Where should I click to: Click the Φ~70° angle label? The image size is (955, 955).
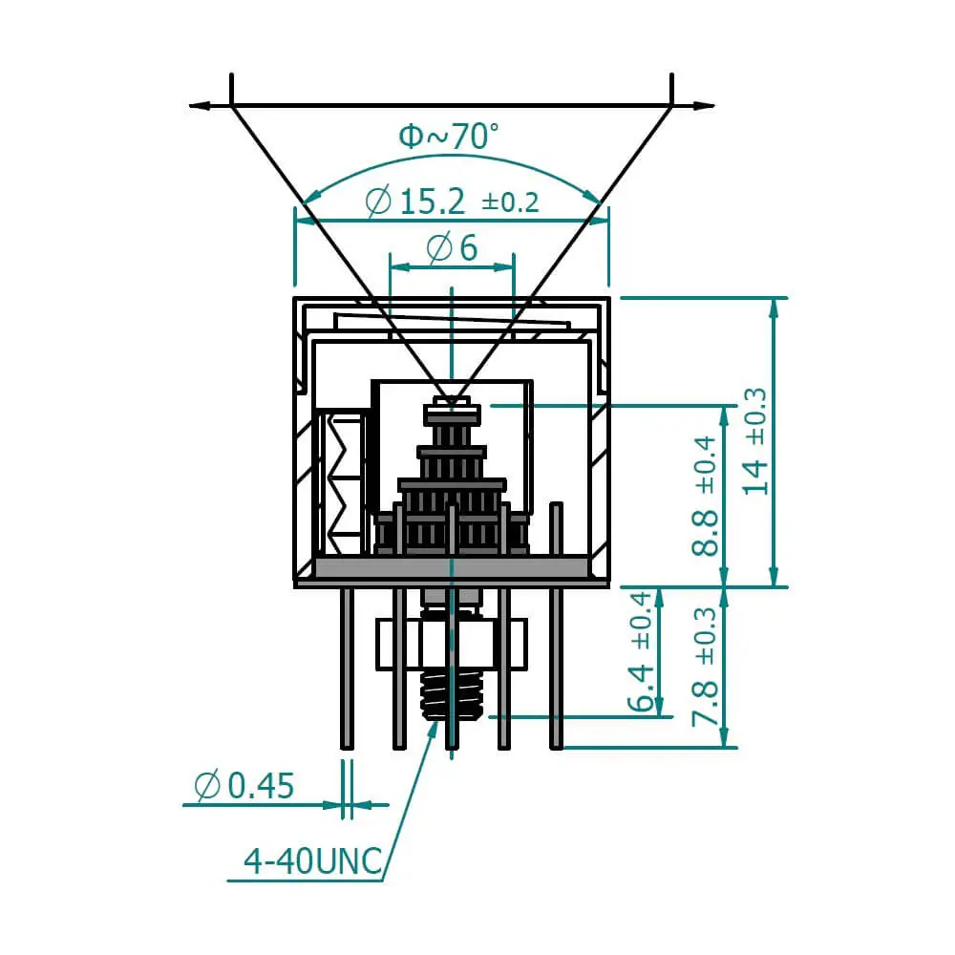tap(448, 136)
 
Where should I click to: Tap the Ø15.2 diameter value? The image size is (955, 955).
tap(415, 202)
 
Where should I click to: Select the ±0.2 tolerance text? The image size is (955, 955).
tap(510, 202)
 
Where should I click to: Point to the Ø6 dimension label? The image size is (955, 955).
tap(452, 248)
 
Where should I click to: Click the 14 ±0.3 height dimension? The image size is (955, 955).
tap(754, 441)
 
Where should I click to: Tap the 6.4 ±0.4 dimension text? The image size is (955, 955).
tap(641, 651)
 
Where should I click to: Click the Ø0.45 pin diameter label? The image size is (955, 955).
tap(244, 786)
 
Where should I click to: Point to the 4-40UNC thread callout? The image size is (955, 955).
tap(313, 861)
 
